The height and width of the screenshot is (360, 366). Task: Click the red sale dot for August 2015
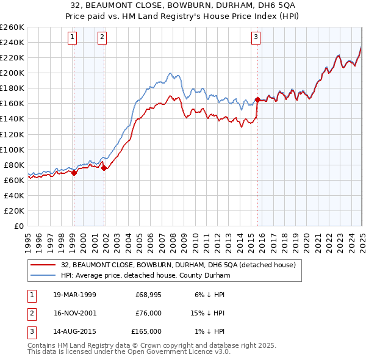coord(257,99)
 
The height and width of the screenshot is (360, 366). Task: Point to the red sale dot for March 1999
coord(74,173)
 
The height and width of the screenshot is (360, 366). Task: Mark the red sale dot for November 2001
coord(104,168)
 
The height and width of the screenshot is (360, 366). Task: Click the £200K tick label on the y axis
coord(12,73)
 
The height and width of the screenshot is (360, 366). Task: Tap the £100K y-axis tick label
coord(12,149)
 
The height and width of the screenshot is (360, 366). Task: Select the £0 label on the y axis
coord(19,226)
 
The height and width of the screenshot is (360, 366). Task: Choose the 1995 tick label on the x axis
coord(28,238)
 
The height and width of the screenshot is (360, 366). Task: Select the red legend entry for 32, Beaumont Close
coord(178,265)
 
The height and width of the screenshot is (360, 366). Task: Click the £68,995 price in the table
coord(149,295)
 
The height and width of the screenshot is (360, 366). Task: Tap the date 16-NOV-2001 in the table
coord(74,313)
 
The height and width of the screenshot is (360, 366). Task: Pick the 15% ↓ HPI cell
coord(209,313)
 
